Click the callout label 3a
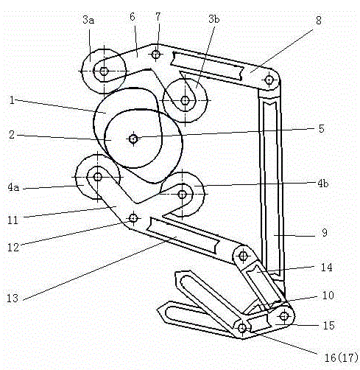point(88,20)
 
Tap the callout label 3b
point(213,19)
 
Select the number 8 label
point(319,21)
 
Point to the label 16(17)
point(341,357)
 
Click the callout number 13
point(13,299)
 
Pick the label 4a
point(13,188)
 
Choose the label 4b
point(323,184)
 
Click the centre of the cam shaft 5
point(133,139)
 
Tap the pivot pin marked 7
point(156,54)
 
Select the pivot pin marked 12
point(133,218)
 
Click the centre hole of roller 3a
point(104,71)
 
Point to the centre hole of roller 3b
point(185,100)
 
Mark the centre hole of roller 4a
point(98,177)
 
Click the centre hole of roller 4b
point(182,195)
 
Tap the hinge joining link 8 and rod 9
point(269,80)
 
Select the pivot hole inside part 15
point(284,316)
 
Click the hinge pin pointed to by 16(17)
point(242,328)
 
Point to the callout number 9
point(325,233)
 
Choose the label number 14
point(327,268)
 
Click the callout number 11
point(13,220)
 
